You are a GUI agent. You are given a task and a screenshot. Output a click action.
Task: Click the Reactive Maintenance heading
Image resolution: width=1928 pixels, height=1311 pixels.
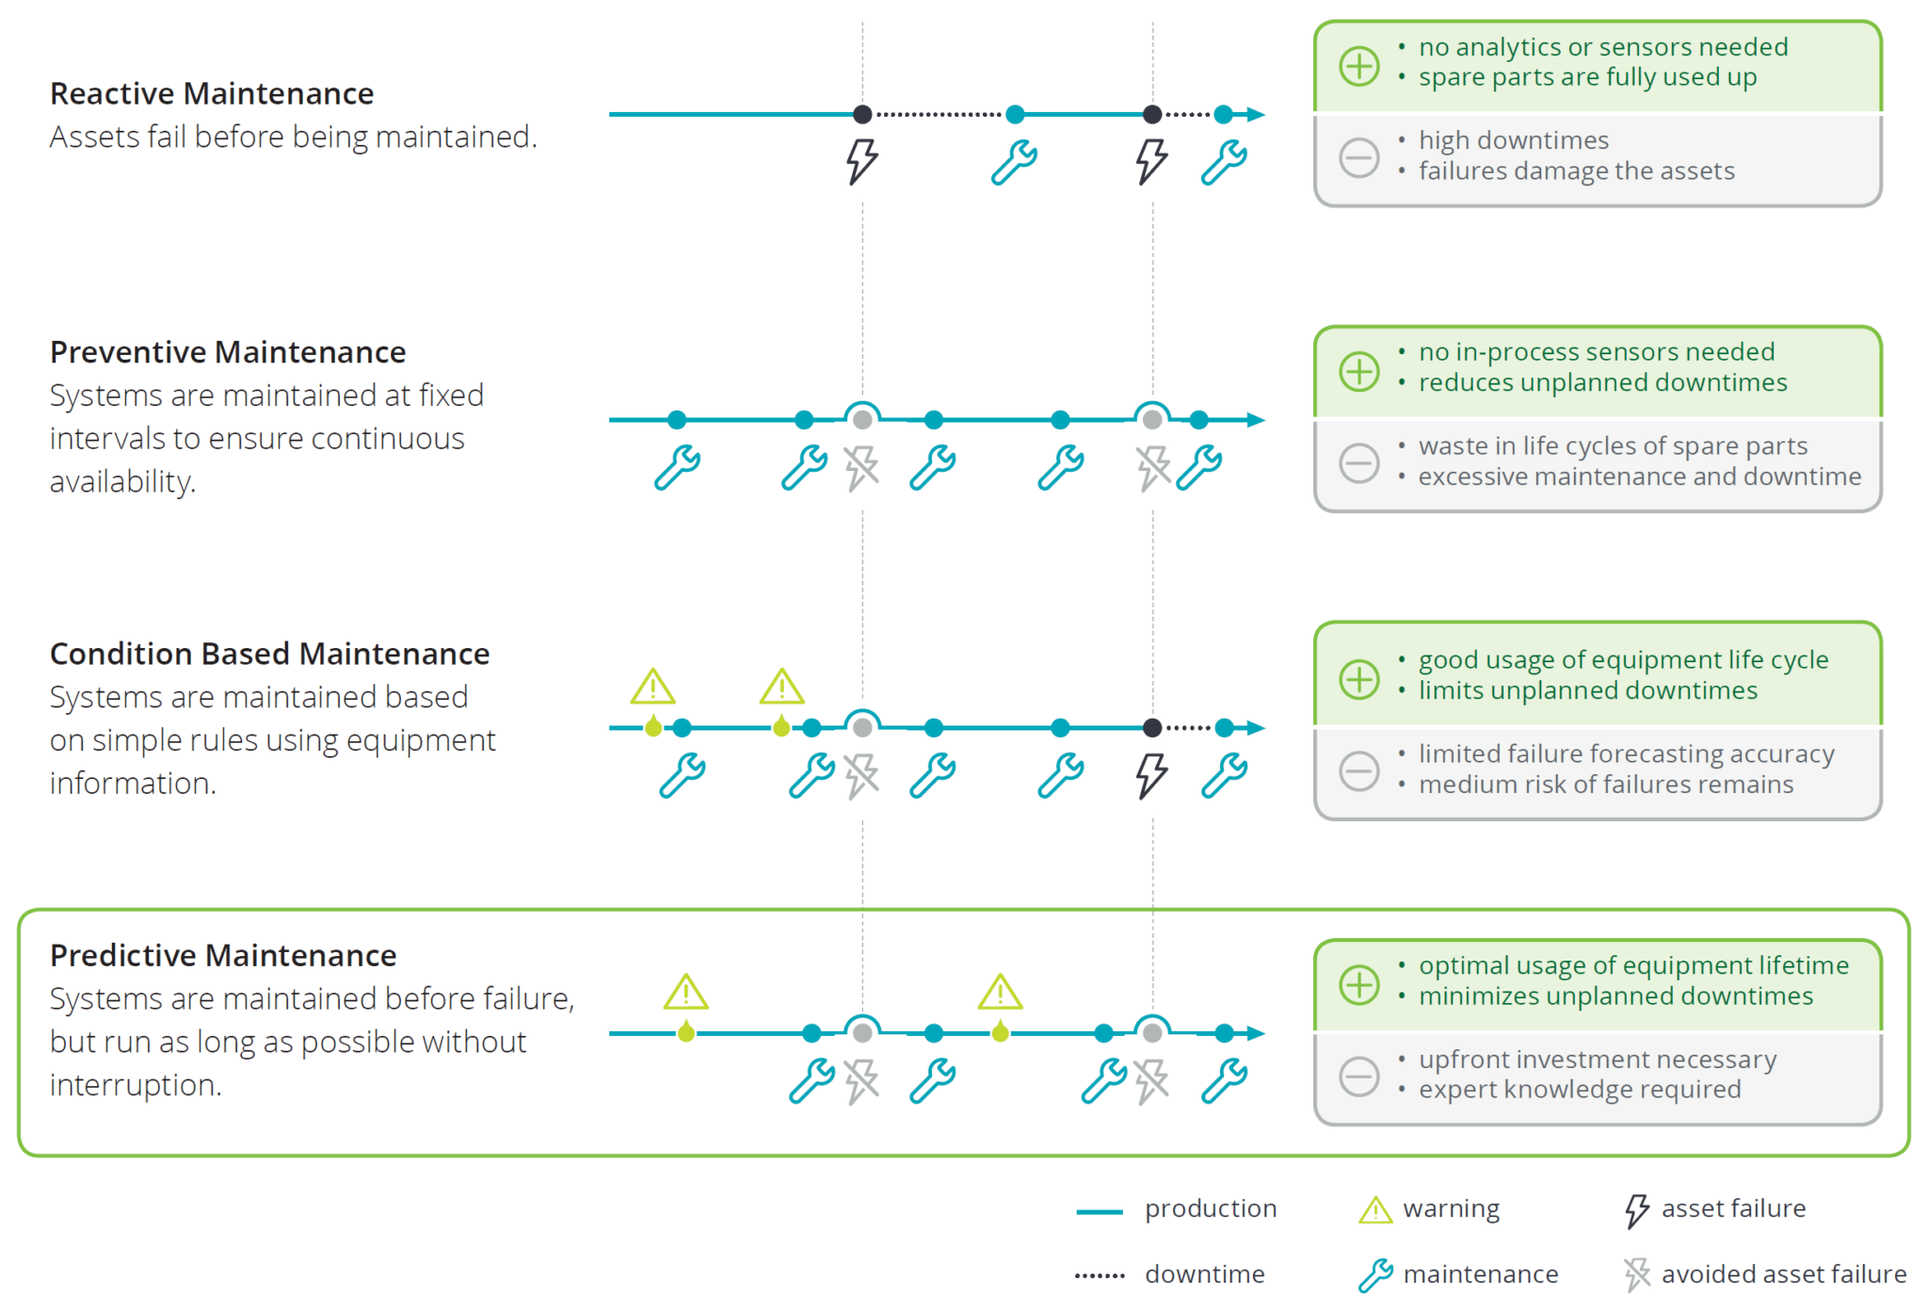[x=212, y=93]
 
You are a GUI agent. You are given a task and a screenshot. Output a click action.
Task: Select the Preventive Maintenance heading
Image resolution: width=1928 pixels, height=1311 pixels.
[x=228, y=351]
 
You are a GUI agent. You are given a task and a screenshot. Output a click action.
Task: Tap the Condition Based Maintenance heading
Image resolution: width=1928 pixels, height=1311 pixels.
[x=269, y=654]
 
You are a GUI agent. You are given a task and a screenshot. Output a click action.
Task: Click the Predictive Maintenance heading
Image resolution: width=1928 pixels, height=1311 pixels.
[x=223, y=955]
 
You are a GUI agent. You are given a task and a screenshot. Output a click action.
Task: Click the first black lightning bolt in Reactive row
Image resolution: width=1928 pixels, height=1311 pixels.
[x=861, y=161]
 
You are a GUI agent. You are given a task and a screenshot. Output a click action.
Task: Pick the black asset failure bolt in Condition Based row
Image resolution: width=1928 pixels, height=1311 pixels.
[x=1150, y=775]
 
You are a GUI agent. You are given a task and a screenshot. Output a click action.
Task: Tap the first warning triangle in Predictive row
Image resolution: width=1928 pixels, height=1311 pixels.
[x=685, y=993]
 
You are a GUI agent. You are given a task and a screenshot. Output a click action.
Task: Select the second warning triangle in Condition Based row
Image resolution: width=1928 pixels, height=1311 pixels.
[x=781, y=688]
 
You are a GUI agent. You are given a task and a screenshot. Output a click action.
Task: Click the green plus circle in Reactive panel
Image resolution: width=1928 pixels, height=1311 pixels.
[x=1359, y=66]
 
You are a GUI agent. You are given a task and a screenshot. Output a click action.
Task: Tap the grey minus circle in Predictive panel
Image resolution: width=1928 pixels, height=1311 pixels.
[x=1359, y=1076]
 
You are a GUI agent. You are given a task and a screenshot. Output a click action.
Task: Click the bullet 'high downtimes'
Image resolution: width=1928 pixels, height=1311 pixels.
[x=1513, y=140]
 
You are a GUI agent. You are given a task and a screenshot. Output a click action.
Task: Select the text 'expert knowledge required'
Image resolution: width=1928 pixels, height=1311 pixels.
[x=1579, y=1090]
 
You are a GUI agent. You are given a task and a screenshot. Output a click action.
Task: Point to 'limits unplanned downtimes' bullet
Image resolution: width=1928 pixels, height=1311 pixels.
[x=1587, y=690]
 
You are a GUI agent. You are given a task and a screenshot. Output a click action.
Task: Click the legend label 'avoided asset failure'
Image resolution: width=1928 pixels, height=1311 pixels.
[x=1783, y=1274]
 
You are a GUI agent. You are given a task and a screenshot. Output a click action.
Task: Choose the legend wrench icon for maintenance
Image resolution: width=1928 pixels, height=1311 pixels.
[x=1375, y=1275]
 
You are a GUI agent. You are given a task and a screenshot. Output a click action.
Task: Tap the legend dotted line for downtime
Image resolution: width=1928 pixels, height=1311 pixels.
[x=1100, y=1276]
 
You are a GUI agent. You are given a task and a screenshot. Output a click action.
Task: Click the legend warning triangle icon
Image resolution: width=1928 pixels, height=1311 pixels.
[x=1375, y=1210]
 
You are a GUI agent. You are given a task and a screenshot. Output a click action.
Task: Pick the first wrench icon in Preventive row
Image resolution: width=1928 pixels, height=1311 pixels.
[x=677, y=467]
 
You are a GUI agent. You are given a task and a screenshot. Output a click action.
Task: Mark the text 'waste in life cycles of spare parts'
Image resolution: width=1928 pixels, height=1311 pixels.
[x=1613, y=445]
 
